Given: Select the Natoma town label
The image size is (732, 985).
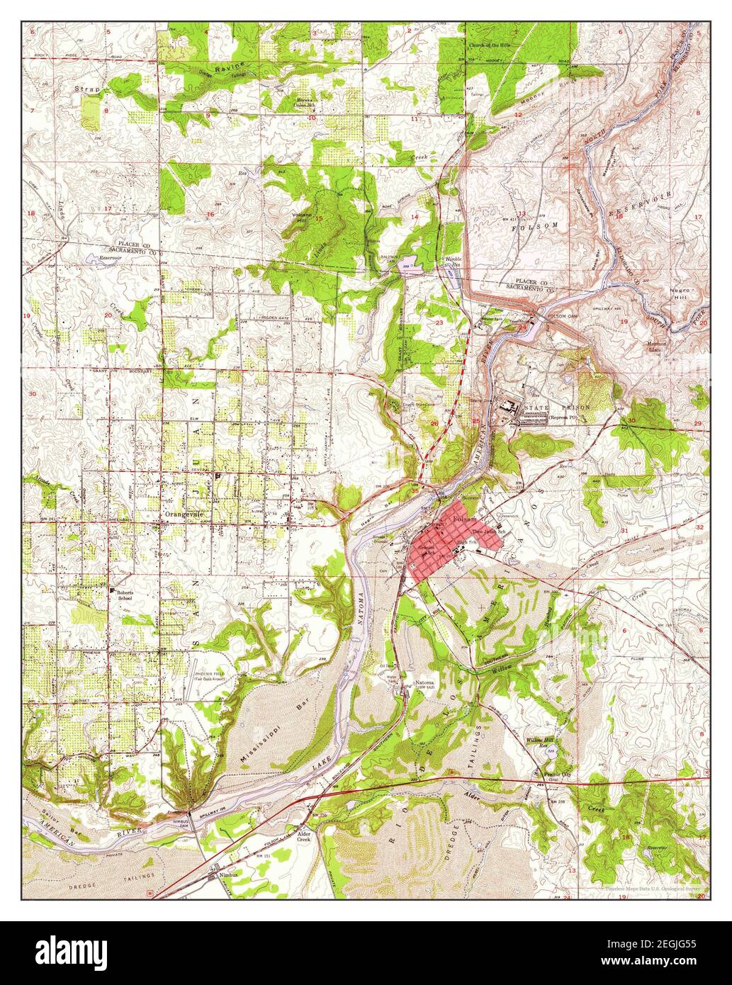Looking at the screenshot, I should tap(424, 683).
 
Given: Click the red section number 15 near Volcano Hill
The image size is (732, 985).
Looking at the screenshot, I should tap(318, 218).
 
